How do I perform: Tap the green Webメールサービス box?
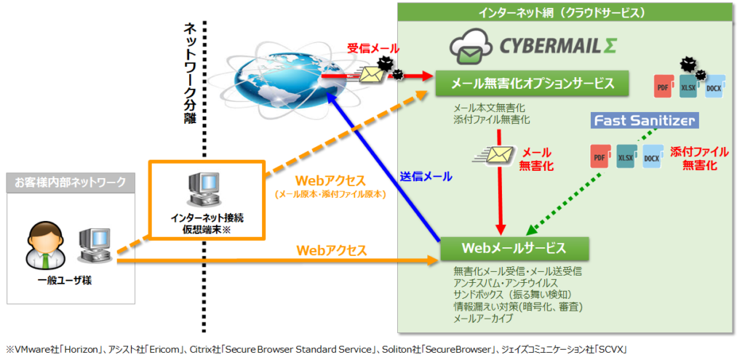point(514,249)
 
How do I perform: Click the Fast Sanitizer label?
point(645,120)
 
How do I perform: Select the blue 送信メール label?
point(426,177)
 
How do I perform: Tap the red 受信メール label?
point(373,48)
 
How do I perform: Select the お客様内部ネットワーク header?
point(70,183)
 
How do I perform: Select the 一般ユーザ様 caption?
point(65,281)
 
